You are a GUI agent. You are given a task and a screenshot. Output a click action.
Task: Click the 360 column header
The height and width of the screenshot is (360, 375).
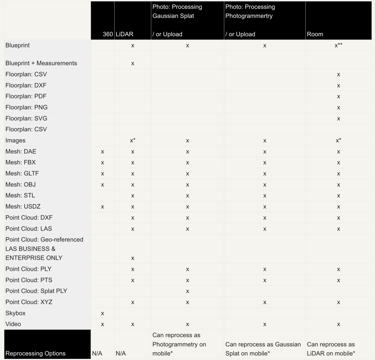click(108, 34)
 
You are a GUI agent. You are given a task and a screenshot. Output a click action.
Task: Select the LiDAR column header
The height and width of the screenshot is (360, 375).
click(125, 34)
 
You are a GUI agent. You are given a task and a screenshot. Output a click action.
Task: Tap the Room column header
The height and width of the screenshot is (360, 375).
click(315, 34)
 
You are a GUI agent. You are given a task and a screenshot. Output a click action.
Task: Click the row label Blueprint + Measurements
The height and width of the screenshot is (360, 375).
click(41, 63)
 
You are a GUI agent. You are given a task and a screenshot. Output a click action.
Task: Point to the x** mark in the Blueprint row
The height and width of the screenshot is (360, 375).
click(338, 46)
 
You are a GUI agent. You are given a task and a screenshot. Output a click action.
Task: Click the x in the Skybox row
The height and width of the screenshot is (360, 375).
click(103, 313)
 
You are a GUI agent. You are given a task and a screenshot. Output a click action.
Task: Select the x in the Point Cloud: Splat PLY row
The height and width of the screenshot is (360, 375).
click(187, 291)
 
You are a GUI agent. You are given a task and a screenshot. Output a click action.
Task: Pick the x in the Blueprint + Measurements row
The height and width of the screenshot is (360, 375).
click(133, 63)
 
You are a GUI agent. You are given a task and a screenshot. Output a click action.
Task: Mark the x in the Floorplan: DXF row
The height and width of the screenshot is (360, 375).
click(338, 86)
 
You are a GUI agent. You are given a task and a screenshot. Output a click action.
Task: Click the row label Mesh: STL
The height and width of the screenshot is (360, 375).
click(20, 195)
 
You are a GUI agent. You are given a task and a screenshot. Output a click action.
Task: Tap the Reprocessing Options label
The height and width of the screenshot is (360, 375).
click(36, 353)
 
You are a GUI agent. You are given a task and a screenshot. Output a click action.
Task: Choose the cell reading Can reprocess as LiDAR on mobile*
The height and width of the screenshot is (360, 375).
click(331, 349)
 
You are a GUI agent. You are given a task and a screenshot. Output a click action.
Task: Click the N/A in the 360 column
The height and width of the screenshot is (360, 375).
click(97, 353)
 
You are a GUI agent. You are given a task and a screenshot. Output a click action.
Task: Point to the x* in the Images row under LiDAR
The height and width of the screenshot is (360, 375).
click(133, 140)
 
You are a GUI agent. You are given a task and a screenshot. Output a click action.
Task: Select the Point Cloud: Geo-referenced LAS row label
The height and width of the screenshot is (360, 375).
click(44, 248)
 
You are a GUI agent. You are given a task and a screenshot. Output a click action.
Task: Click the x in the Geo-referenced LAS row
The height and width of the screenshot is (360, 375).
click(133, 258)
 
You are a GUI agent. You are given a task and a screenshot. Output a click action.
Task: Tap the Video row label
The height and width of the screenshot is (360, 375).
click(13, 324)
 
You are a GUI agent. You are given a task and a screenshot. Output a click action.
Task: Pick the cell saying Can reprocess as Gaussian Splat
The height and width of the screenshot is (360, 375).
click(263, 349)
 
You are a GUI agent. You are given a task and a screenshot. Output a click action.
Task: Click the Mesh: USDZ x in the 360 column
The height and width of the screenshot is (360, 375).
click(103, 207)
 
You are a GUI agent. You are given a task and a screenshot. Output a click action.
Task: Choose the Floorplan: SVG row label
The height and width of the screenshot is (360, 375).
click(26, 118)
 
